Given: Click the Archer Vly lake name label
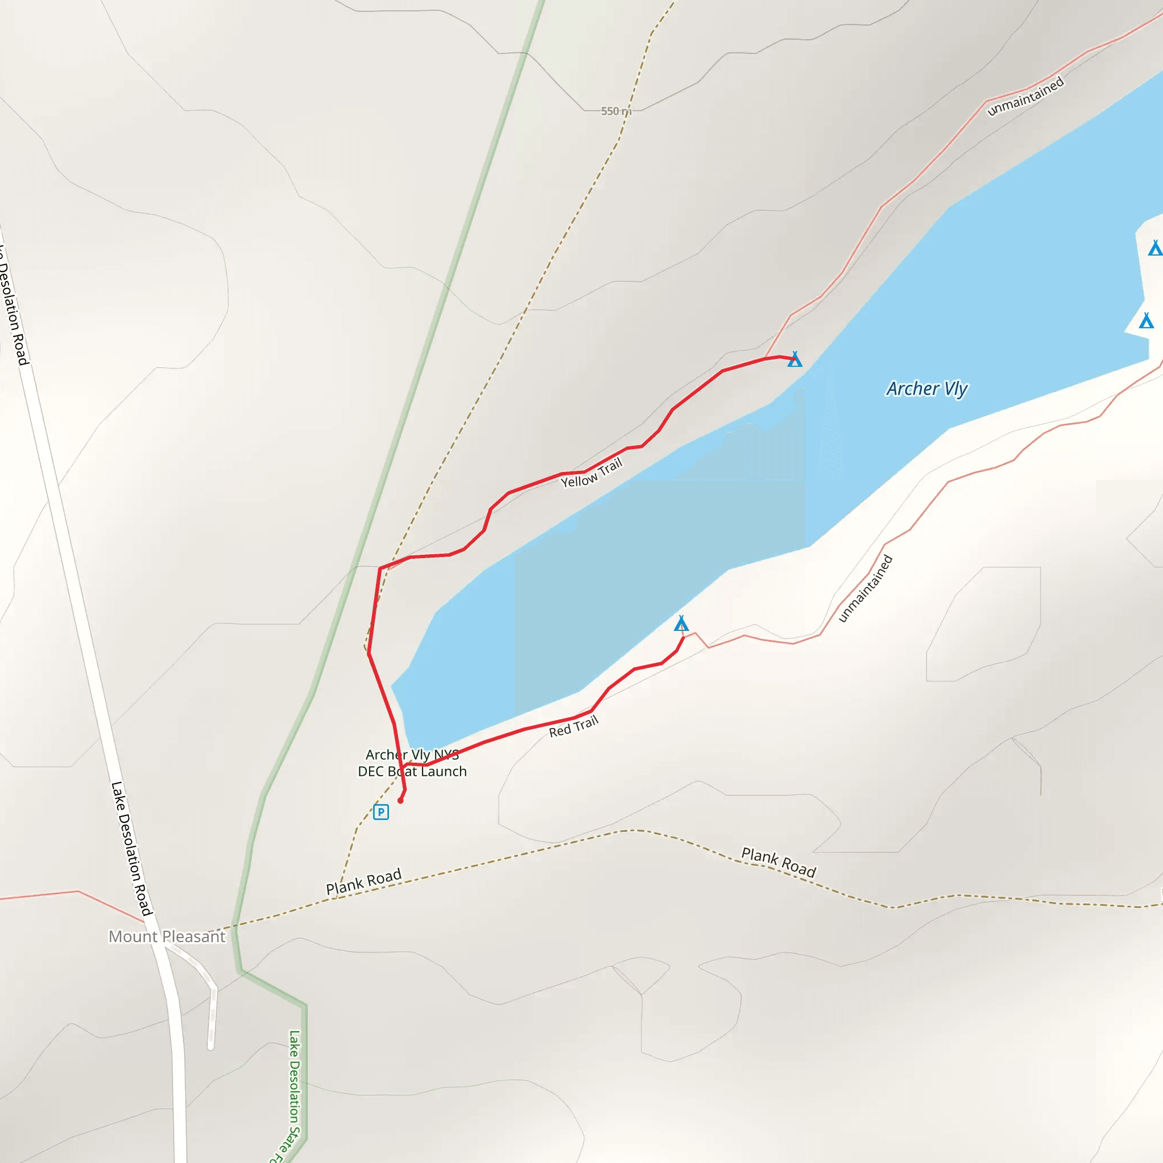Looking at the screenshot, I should (x=926, y=389).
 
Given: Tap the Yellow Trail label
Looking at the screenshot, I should (x=591, y=473).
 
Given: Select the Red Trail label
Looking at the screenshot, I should (x=574, y=726).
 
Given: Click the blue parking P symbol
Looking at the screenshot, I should (x=381, y=812).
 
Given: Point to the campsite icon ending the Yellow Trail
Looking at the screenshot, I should (x=794, y=359).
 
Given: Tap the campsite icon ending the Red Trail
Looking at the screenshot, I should (x=681, y=623).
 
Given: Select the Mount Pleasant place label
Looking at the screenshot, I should (x=167, y=936).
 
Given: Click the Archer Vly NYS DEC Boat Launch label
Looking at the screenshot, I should (x=412, y=763).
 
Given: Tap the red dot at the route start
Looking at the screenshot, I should (x=400, y=801).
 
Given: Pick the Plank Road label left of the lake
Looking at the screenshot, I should (x=363, y=882).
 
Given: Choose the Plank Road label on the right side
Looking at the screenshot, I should (x=779, y=863).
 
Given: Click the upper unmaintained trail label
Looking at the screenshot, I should (x=1026, y=96).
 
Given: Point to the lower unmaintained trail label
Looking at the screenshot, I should (x=865, y=588).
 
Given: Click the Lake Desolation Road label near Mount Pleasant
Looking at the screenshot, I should (x=131, y=849).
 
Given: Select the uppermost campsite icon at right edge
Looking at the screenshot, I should (x=1154, y=248).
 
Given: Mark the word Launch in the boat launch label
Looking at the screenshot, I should (x=444, y=771).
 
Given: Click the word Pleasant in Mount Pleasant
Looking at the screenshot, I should (x=194, y=936).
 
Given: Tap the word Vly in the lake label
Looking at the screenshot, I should (x=955, y=389).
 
